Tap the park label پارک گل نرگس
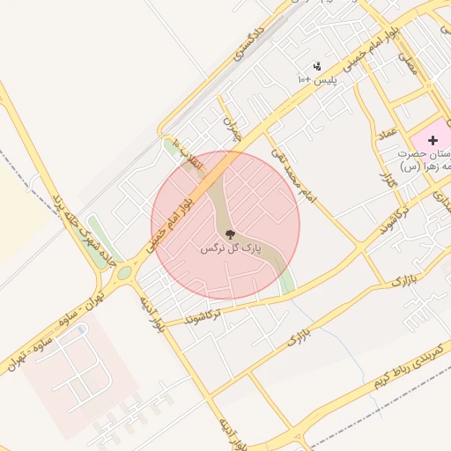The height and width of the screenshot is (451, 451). coord(221,249)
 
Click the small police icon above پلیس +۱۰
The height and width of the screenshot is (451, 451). coord(317,66)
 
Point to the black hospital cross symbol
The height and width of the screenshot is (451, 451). coord(433,140)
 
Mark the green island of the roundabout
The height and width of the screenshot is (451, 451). coord(124,272)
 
